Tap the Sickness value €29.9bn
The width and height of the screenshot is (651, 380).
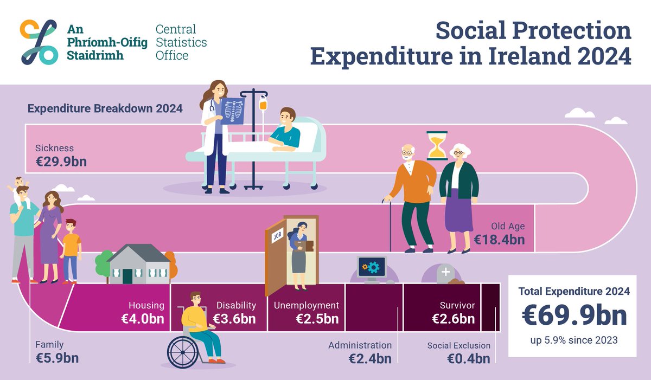(61, 162)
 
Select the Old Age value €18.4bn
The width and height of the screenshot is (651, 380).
(499, 239)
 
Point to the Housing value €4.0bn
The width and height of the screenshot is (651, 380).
(143, 318)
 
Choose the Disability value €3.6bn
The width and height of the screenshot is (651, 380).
(234, 318)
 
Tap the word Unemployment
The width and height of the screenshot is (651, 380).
(306, 305)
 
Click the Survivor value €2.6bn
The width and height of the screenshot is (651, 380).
(453, 318)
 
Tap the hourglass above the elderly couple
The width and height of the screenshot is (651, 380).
(436, 145)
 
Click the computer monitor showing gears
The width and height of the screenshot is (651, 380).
(371, 267)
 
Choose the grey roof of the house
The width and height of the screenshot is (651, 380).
(139, 253)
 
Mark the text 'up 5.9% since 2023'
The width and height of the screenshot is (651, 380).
(574, 342)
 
